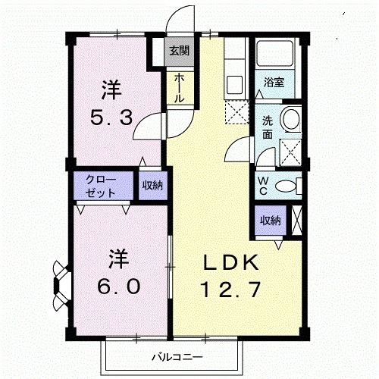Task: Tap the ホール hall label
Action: (x=178, y=89)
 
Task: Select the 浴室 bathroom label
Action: (x=274, y=83)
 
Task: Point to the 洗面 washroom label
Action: (x=268, y=127)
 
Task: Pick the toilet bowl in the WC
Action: (x=287, y=186)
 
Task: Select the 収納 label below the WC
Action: (x=271, y=221)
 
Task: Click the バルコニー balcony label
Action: (x=175, y=356)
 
